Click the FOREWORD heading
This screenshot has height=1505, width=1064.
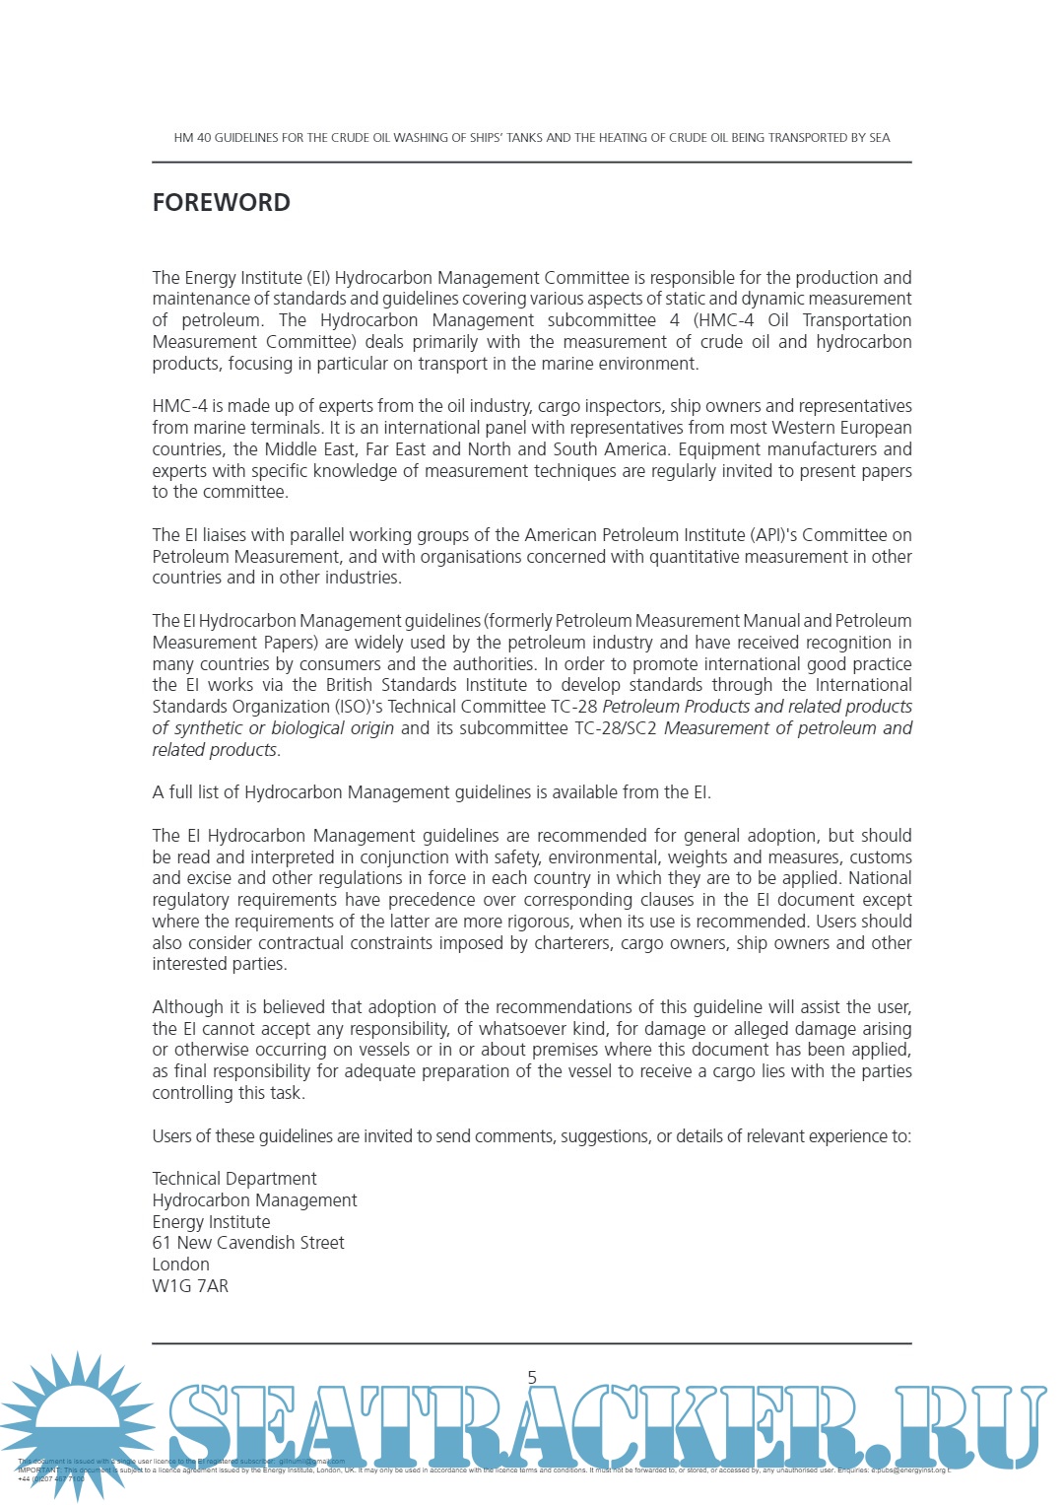pos(221,202)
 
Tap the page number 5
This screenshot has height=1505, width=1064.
pos(532,1377)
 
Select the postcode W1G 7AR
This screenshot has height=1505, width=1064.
pos(190,1286)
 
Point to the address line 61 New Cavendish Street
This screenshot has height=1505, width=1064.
pos(248,1243)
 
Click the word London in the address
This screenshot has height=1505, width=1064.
pos(180,1265)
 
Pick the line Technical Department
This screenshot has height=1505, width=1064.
pos(234,1179)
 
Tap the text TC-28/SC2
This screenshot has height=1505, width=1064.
pos(615,728)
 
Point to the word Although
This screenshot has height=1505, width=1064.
pos(188,1007)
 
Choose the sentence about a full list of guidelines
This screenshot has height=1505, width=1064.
pos(432,792)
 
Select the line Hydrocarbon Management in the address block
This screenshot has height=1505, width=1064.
pos(254,1200)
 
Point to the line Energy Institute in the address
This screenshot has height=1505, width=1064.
pos(211,1222)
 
